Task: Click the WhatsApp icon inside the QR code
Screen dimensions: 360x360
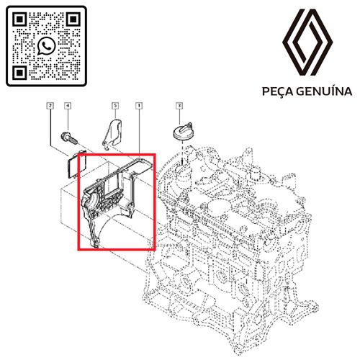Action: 46,45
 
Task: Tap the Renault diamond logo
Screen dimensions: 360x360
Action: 307,42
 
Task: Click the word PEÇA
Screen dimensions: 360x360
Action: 277,91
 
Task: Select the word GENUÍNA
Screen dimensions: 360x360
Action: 324,91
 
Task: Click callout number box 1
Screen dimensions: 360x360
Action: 139,106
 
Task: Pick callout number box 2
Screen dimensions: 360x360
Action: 50,106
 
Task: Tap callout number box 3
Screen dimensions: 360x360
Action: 179,106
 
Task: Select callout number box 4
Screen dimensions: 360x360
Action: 68,106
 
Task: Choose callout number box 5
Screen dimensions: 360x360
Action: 115,106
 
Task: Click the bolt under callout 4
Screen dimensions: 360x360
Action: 69,138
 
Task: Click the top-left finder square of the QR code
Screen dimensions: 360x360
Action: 20,19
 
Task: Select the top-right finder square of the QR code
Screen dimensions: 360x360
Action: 73,19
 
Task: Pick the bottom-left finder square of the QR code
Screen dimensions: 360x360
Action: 20,72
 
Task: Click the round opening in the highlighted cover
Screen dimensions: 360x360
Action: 91,200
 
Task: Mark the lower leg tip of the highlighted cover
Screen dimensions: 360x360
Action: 95,244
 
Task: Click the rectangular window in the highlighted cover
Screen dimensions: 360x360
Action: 114,184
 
